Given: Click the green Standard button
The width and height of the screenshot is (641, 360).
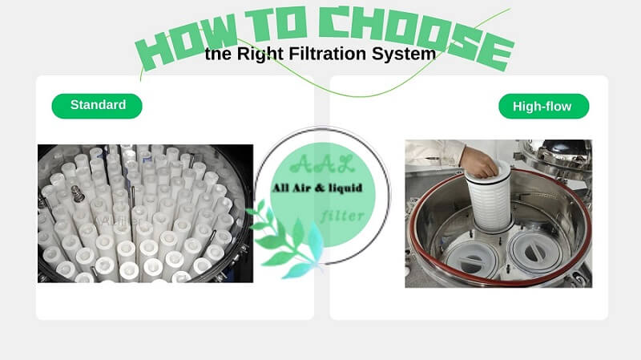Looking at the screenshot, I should point(97,105).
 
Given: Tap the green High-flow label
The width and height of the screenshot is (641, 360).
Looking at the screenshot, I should point(544,106).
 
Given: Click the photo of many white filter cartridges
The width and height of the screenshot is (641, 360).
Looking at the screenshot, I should point(145,212).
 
